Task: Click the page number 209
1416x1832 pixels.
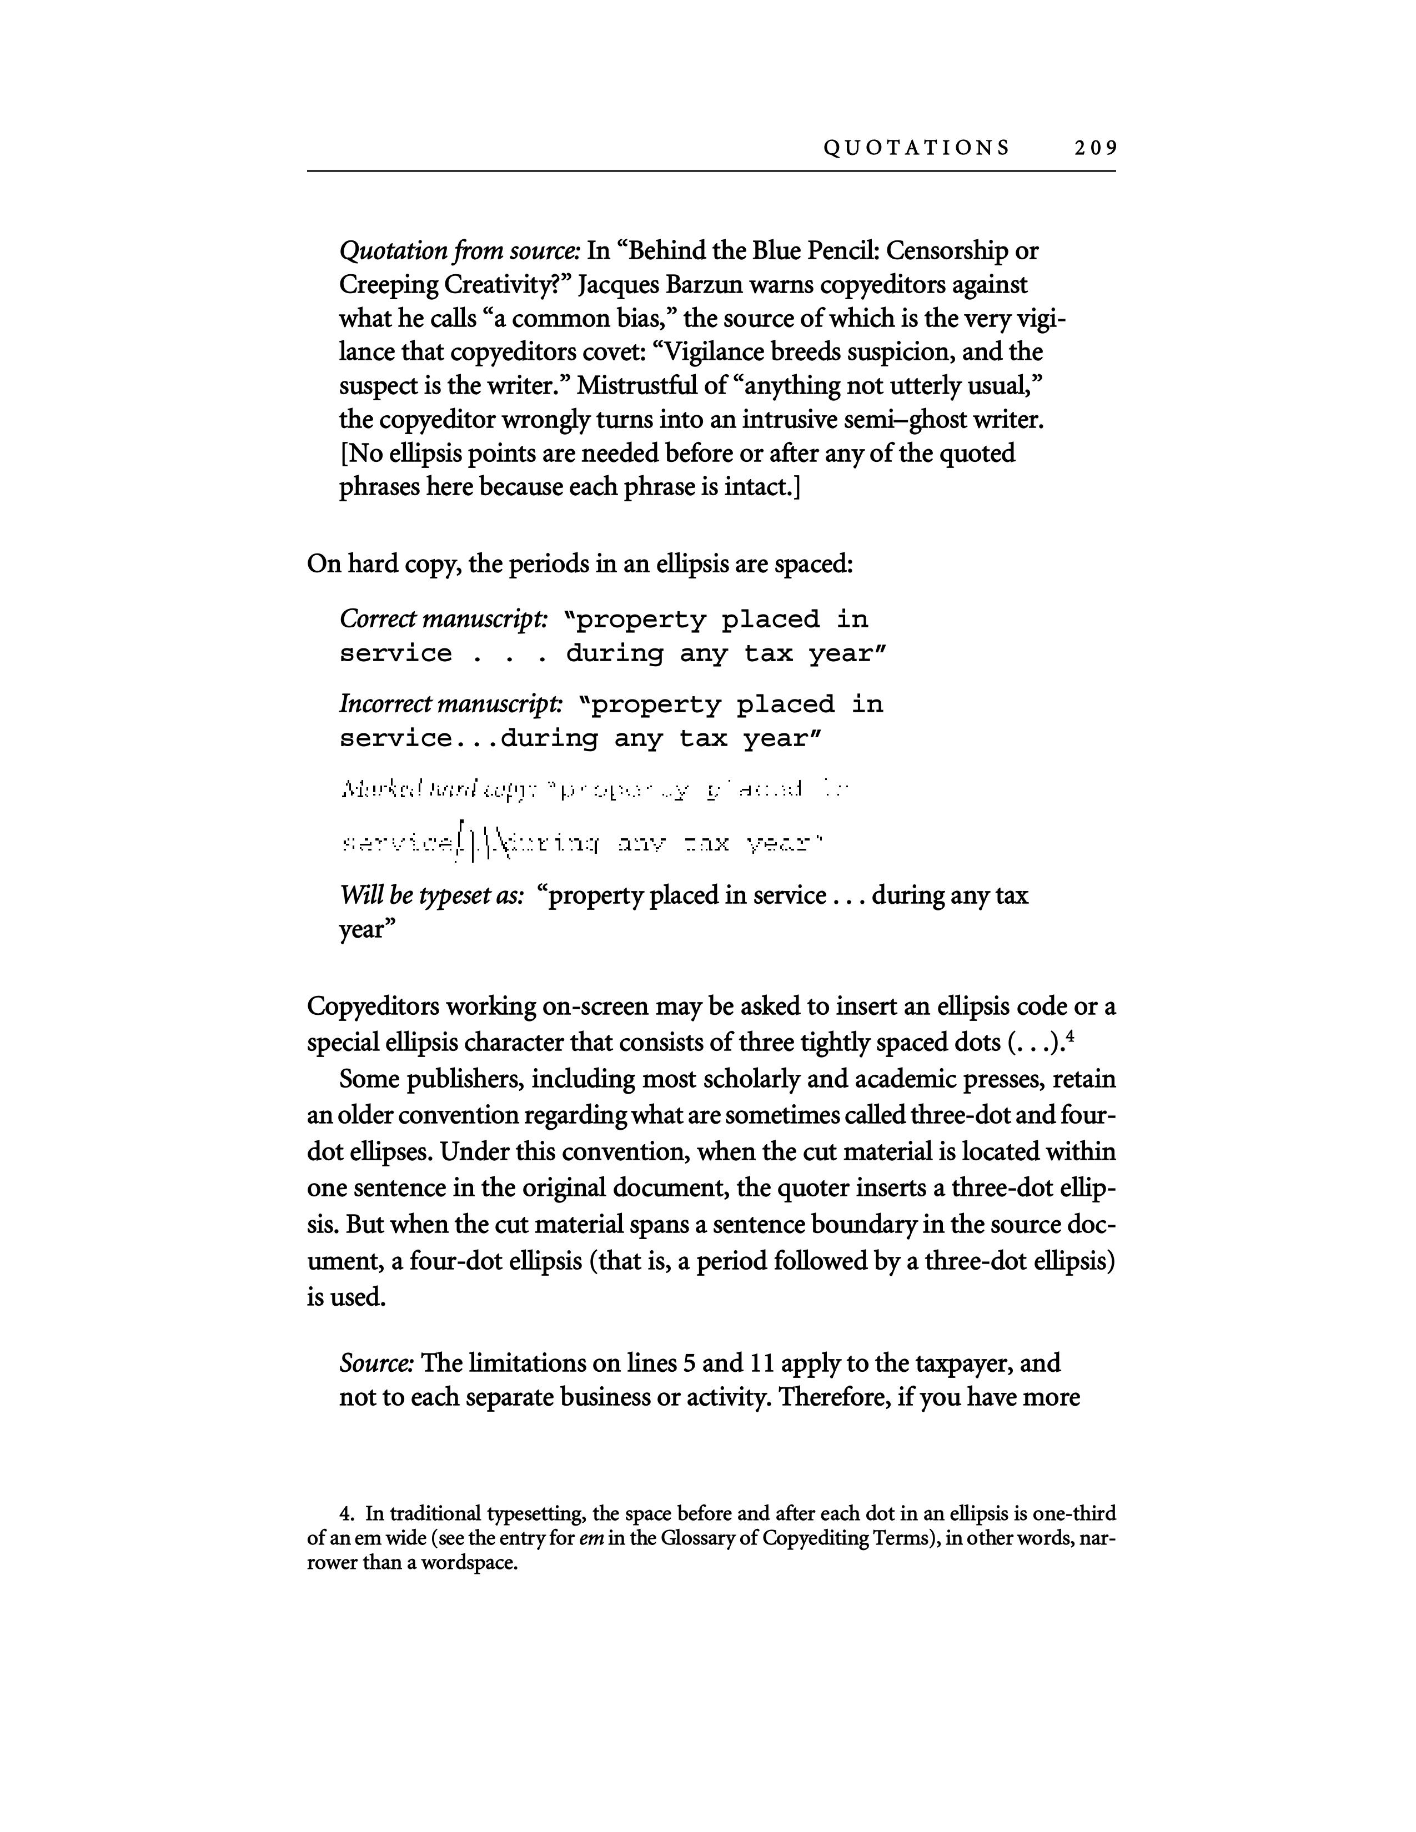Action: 1094,148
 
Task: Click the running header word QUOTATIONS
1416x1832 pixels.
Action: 916,148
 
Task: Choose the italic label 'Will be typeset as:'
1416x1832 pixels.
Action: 432,896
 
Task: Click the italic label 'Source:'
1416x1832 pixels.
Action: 376,1363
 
